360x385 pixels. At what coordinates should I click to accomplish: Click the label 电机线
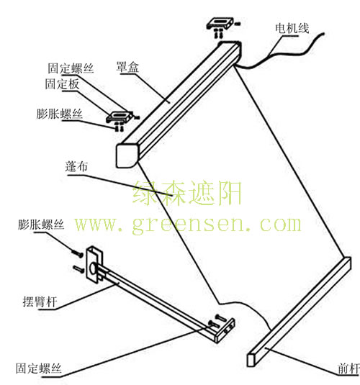(292, 28)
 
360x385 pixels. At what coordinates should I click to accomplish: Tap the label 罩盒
(127, 67)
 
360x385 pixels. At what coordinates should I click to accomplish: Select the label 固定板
(62, 84)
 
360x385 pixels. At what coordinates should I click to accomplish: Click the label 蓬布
(76, 166)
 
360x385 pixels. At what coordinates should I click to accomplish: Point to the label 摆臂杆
(40, 302)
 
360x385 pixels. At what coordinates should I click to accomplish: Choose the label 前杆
(348, 368)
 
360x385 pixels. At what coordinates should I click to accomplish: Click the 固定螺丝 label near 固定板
(71, 68)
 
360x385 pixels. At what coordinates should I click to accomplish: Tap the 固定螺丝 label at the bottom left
(39, 368)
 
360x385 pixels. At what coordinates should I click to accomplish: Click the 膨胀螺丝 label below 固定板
(60, 114)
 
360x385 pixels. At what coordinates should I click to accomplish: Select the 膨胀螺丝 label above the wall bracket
(41, 225)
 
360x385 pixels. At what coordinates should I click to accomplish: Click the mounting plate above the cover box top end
(220, 23)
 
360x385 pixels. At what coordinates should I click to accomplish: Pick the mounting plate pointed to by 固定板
(120, 117)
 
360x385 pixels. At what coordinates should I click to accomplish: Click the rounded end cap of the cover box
(127, 155)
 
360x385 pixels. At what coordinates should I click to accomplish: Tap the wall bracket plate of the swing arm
(94, 265)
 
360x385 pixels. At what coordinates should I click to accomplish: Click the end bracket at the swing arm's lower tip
(225, 330)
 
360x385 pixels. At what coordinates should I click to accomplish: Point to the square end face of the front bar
(251, 361)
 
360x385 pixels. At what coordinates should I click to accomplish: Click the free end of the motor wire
(323, 33)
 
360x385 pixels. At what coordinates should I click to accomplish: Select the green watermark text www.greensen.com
(188, 225)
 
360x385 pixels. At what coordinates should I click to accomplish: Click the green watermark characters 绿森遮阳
(187, 193)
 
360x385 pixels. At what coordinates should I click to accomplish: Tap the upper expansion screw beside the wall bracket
(78, 253)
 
